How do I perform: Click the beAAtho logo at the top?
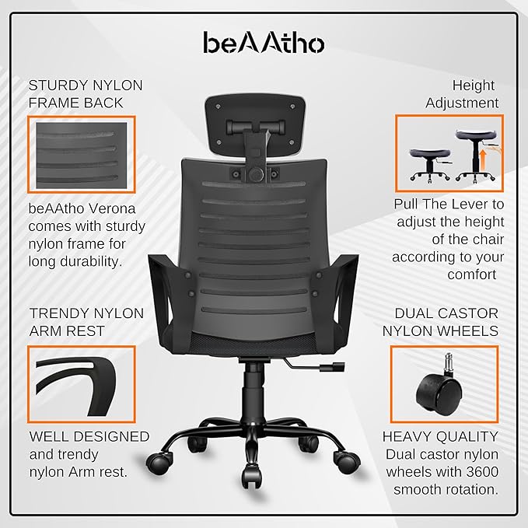coord(264,43)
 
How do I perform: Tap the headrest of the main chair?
coord(255,125)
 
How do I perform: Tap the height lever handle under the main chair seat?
coord(332,366)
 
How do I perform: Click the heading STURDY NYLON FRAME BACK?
coord(86,94)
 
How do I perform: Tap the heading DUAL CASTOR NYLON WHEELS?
coord(440,322)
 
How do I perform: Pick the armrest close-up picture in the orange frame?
coord(82,384)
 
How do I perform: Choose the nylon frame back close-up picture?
coord(82,155)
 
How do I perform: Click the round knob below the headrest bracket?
coord(257,173)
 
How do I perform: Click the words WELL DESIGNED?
coord(89,436)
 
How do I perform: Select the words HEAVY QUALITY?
coord(440,436)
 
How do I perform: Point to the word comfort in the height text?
coord(472,274)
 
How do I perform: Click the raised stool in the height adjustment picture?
coord(476,156)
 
